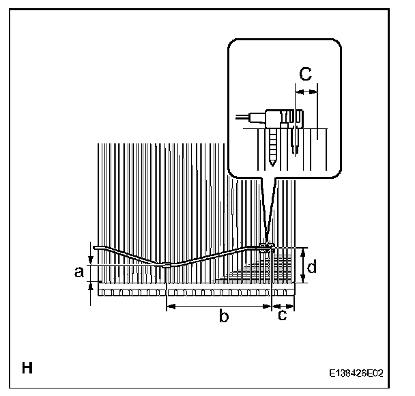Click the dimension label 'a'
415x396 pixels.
[x=78, y=272]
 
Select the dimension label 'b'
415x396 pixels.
[x=223, y=315]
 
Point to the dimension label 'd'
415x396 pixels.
[x=311, y=268]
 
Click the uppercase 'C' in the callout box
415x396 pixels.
[x=306, y=74]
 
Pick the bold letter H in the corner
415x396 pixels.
[x=27, y=369]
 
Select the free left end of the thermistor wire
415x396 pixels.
[x=98, y=248]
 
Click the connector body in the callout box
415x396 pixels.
[x=281, y=117]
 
